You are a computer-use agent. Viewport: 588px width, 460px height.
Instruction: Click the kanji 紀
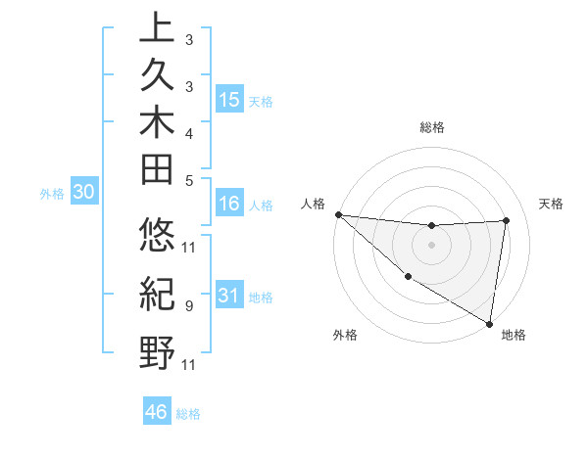(x=157, y=294)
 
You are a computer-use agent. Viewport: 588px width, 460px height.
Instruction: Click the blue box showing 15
(x=229, y=100)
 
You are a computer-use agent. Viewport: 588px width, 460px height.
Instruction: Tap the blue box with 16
(x=229, y=204)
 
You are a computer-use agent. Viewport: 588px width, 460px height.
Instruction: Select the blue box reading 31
(x=229, y=296)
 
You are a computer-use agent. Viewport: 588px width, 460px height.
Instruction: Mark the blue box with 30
(x=84, y=193)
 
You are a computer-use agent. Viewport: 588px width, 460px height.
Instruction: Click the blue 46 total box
(x=157, y=411)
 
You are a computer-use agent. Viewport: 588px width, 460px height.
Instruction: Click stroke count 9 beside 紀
(x=188, y=306)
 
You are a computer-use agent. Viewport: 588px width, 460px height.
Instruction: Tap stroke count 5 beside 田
(x=188, y=180)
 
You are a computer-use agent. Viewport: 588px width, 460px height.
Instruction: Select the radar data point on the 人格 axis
(x=338, y=214)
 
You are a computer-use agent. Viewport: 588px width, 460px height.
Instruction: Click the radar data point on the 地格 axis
(x=489, y=322)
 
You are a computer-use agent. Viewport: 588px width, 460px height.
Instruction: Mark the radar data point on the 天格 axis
(x=506, y=220)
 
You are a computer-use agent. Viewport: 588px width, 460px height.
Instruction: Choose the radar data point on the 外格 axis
(x=408, y=277)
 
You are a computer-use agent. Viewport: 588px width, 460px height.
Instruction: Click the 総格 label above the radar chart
(x=432, y=127)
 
